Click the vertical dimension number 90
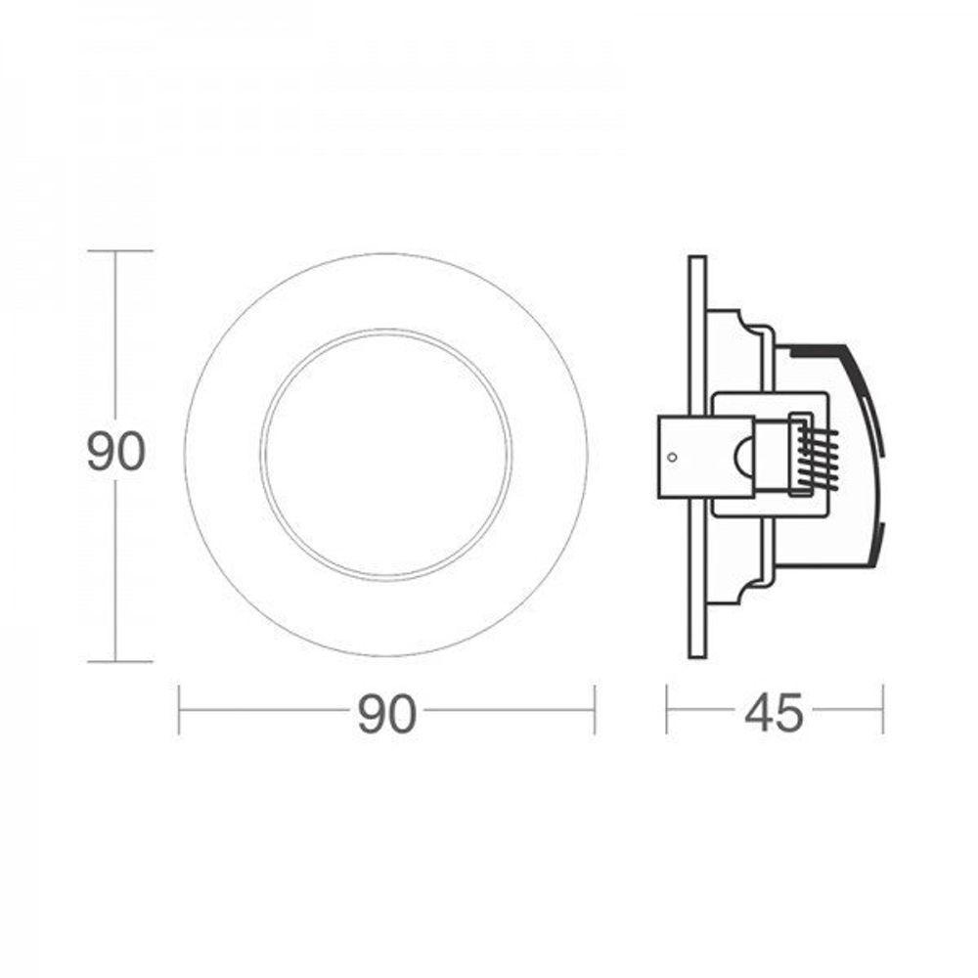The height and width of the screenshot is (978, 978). pos(116,452)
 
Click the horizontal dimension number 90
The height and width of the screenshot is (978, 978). pos(387,715)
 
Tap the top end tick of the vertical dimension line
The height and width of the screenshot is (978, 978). pos(118,251)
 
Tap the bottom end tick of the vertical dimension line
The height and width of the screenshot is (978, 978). pos(118,662)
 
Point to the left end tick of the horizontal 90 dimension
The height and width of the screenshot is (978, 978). pos(179,710)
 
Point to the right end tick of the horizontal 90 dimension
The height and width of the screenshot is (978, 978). pos(595,710)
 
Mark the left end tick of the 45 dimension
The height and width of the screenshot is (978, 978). pos(667,710)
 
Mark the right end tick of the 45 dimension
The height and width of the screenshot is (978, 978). pos(883,710)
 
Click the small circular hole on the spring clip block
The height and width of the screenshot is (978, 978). pos(671,456)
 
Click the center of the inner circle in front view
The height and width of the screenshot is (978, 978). pos(386,454)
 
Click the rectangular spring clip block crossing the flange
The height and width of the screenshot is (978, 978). pos(704,457)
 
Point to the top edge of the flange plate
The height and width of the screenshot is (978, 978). pos(696,257)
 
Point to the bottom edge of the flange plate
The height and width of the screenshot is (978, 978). pos(696,657)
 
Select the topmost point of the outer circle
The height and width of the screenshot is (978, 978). pos(386,253)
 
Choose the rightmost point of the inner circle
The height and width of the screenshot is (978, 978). pos(511,454)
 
